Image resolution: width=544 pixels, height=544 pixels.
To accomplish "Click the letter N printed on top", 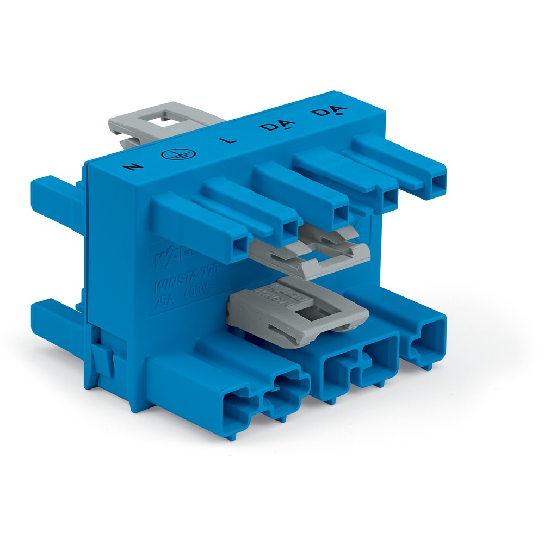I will pos(131,165).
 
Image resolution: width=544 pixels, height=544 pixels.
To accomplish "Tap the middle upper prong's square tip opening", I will pos(342,213).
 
